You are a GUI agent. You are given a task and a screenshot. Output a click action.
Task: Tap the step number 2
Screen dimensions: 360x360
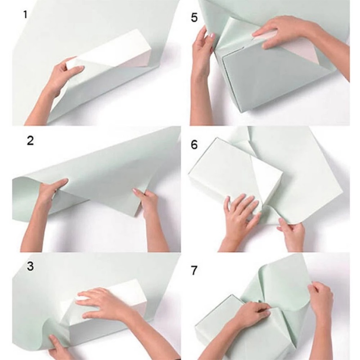(31, 140)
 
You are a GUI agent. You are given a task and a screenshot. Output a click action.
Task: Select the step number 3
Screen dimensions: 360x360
(31, 266)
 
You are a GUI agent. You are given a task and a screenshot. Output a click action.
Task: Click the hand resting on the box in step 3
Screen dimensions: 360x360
(101, 304)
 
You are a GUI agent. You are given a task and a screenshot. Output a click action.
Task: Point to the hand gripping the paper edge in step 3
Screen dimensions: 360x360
(58, 346)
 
